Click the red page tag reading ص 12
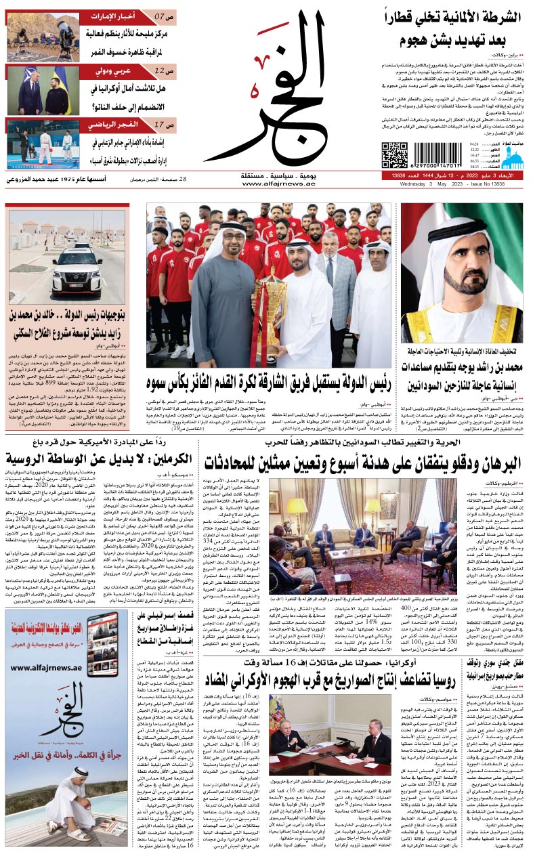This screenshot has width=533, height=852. point(161,70)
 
